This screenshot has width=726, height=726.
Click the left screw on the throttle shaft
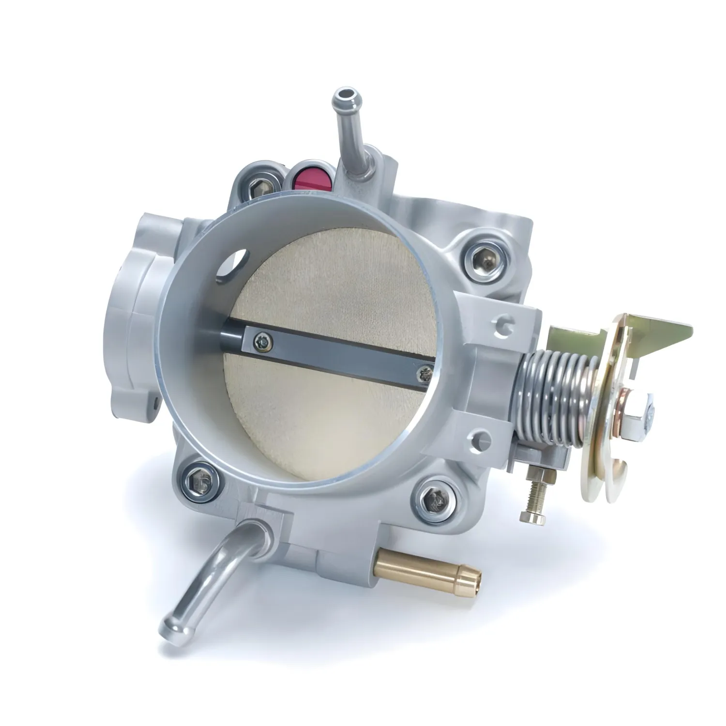[262, 341]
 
